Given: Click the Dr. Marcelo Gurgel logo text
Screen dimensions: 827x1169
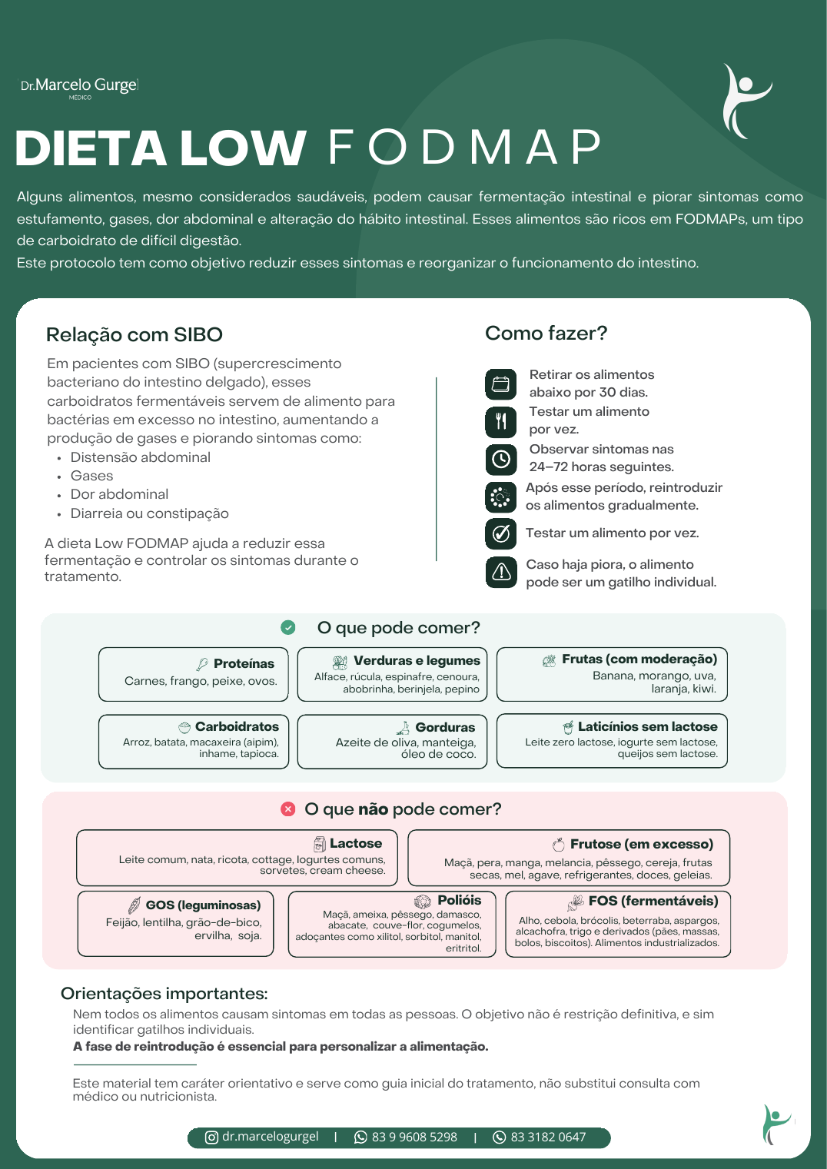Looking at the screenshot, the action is pyautogui.click(x=79, y=87).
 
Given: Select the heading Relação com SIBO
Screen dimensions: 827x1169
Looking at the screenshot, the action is pyautogui.click(x=134, y=334).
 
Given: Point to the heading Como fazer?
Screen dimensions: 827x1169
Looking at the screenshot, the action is pyautogui.click(x=546, y=333).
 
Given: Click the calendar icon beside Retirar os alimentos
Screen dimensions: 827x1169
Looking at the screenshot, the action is pyautogui.click(x=501, y=384).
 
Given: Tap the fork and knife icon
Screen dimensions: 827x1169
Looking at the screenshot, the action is pyautogui.click(x=501, y=422).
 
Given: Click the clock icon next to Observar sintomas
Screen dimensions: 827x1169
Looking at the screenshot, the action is pyautogui.click(x=501, y=460).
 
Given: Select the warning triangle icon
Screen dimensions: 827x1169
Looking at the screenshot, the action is pyautogui.click(x=501, y=572).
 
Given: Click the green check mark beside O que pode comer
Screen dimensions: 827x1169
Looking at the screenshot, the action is pyautogui.click(x=288, y=627).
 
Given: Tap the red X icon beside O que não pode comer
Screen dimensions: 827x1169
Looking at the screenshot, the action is pyautogui.click(x=288, y=809).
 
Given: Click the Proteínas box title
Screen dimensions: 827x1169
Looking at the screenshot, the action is pyautogui.click(x=244, y=663).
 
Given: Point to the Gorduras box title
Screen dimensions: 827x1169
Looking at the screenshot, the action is pyautogui.click(x=445, y=727).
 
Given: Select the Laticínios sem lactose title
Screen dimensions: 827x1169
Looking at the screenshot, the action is pyautogui.click(x=647, y=726).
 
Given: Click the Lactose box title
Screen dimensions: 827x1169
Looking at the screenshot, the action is pyautogui.click(x=356, y=843).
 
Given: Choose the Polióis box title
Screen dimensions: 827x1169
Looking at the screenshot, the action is pyautogui.click(x=459, y=900).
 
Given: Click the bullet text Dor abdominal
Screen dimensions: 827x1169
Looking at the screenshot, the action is pyautogui.click(x=119, y=494).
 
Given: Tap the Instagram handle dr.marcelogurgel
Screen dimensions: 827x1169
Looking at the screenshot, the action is pyautogui.click(x=271, y=1137).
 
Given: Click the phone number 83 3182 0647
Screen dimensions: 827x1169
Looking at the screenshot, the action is pyautogui.click(x=548, y=1137).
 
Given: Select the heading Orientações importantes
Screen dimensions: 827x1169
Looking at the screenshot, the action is pyautogui.click(x=164, y=994).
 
